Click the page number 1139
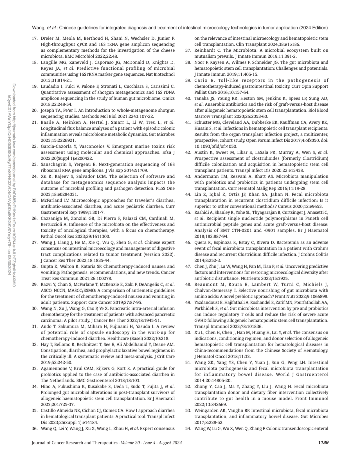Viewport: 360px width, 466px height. pos(323,443)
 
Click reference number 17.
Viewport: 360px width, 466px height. pos(34,38)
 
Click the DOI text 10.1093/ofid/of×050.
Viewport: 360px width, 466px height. pos(216,146)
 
